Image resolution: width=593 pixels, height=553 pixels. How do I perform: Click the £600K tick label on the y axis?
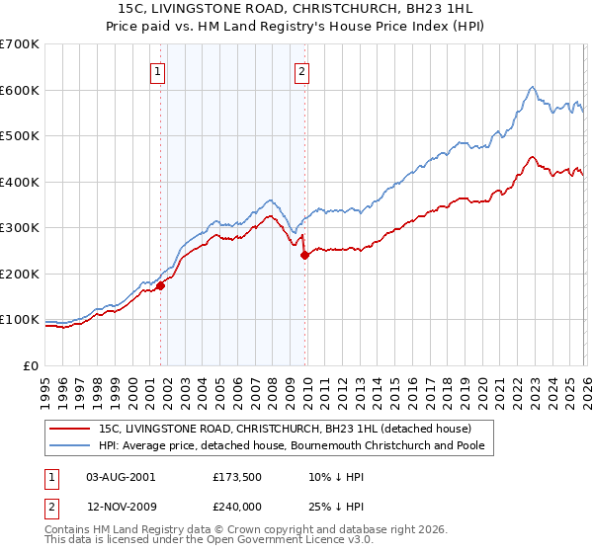pyautogui.click(x=20, y=90)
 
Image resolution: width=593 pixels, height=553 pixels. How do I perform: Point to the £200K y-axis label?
pyautogui.click(x=20, y=274)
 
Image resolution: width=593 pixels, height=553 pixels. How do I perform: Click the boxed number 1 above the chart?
pyautogui.click(x=158, y=70)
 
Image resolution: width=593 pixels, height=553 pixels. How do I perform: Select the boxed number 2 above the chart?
pyautogui.click(x=300, y=70)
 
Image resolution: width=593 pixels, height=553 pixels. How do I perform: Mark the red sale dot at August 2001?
pyautogui.click(x=160, y=286)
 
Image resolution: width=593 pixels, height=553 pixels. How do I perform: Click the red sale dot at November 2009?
pyautogui.click(x=304, y=256)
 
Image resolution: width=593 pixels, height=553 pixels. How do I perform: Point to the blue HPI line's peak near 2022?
pyautogui.click(x=532, y=87)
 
